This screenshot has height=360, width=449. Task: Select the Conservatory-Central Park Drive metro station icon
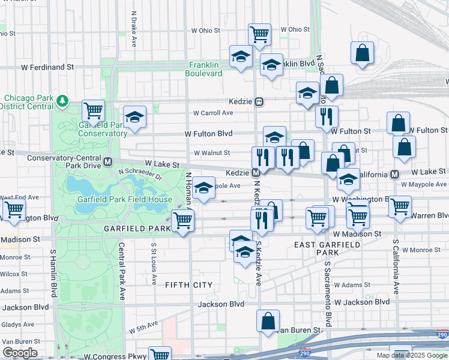pyautogui.click(x=108, y=161)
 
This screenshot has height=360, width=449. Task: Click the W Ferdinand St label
pyautogui.click(x=47, y=68)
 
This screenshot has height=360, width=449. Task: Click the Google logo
pyautogui.click(x=20, y=353)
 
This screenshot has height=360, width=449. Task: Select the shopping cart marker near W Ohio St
pyautogui.click(x=259, y=35)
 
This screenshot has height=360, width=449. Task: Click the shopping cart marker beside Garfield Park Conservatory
pyautogui.click(x=94, y=111)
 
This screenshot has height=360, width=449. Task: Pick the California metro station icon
pyautogui.click(x=395, y=174)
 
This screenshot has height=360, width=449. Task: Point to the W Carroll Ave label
pyautogui.click(x=213, y=113)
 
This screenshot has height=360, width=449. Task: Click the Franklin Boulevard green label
pyautogui.click(x=205, y=69)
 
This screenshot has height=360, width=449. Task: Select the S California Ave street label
pyautogui.click(x=396, y=267)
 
